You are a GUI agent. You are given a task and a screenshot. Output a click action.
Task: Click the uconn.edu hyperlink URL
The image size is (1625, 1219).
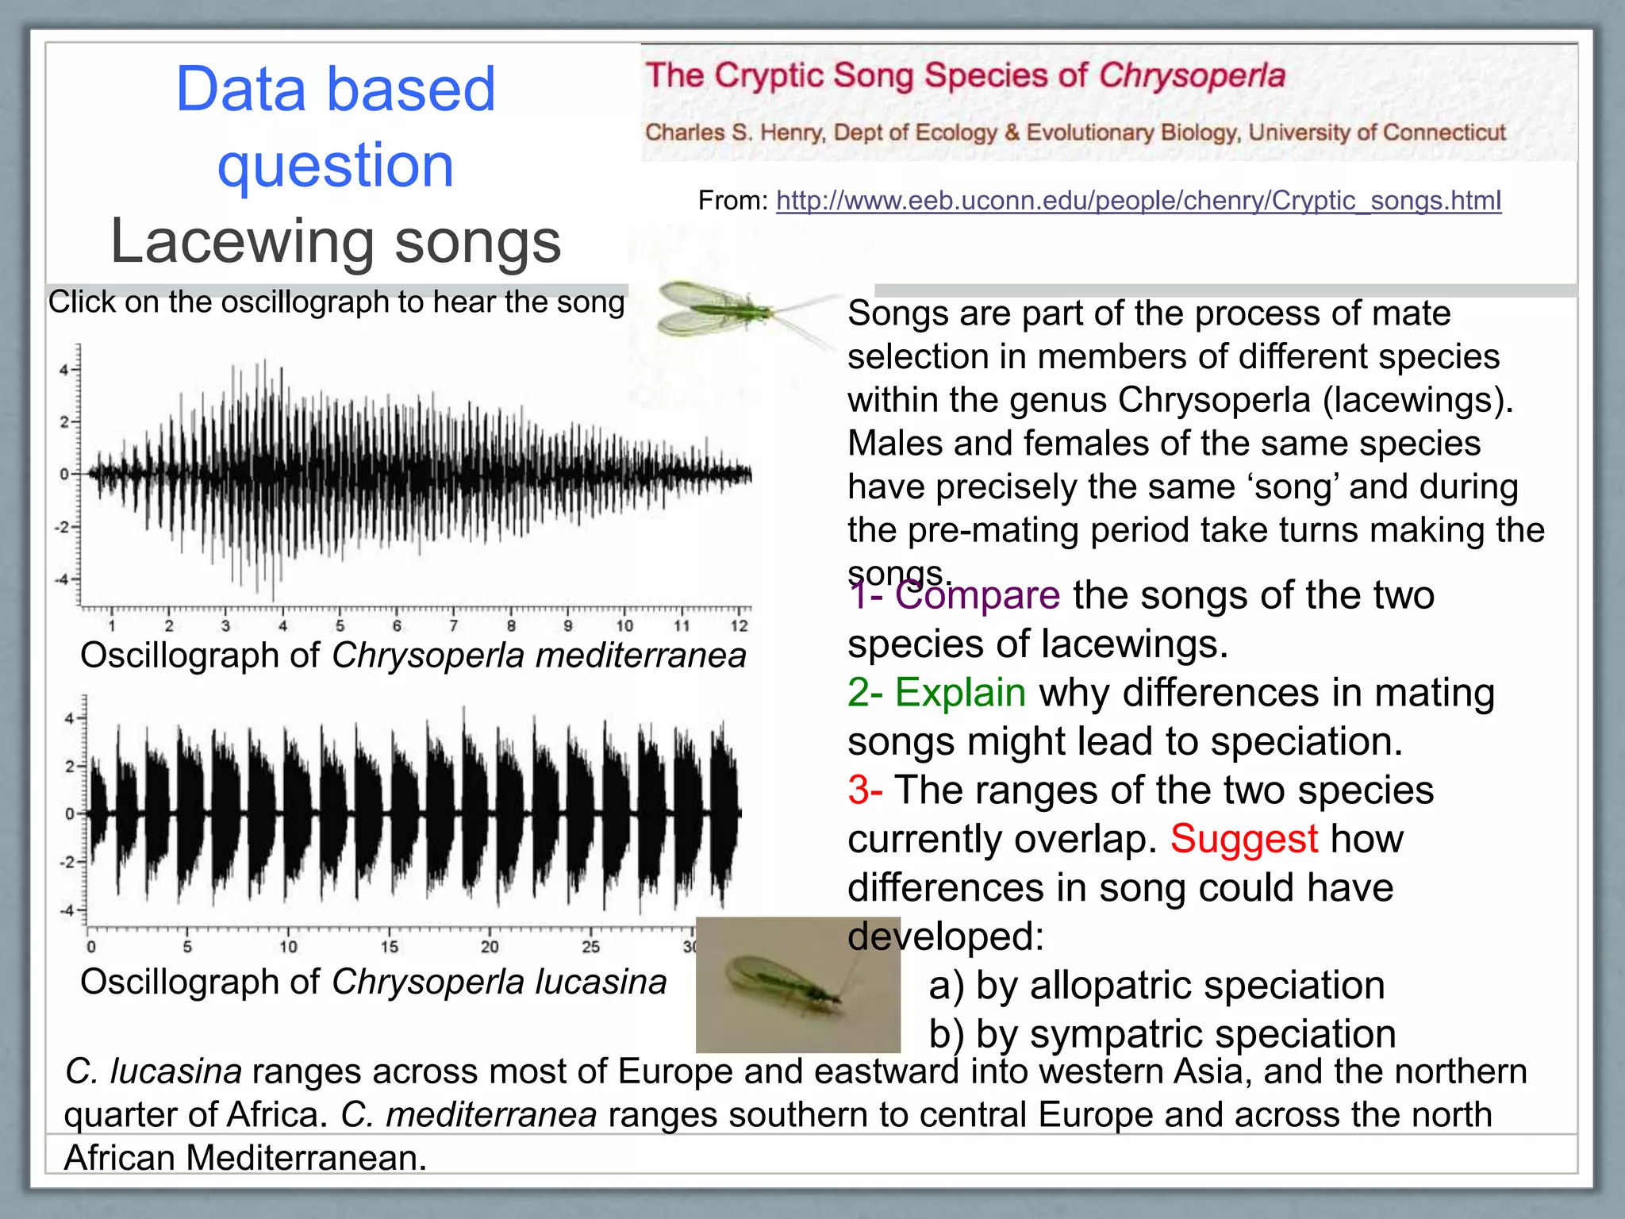[x=1138, y=201]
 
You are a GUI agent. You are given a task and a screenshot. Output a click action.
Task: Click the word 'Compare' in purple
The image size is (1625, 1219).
[x=977, y=595]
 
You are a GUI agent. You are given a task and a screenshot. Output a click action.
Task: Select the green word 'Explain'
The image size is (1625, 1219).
[x=960, y=692]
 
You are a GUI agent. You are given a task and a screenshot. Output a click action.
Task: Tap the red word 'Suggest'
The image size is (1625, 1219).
[x=1243, y=839]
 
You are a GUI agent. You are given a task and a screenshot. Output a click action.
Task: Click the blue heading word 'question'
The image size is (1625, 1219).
[x=336, y=165]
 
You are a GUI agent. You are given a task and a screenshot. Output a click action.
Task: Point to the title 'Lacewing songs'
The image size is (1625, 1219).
[x=336, y=241]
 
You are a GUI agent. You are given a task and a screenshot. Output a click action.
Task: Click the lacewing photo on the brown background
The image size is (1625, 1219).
[x=797, y=984]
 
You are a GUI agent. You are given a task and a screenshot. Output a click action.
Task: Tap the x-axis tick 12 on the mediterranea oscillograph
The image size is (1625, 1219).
[x=739, y=626]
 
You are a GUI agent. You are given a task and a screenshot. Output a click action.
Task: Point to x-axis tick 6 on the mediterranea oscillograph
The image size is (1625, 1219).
[x=397, y=626]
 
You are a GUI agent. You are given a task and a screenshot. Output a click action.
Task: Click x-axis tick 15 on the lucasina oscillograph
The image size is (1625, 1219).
[x=389, y=947]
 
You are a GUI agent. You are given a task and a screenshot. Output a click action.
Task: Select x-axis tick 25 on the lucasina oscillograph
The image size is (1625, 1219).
[x=590, y=947]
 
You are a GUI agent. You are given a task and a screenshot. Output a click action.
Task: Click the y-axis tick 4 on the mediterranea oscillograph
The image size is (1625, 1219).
[x=63, y=370]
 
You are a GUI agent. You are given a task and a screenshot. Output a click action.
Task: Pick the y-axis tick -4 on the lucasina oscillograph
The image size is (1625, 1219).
[x=67, y=910]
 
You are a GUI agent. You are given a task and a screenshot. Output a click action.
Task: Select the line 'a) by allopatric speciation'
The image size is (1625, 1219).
[x=1156, y=986]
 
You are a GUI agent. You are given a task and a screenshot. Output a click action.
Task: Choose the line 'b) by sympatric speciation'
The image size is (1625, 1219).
[x=1162, y=1034]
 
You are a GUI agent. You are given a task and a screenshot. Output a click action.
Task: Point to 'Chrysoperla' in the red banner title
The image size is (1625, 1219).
[x=1192, y=76]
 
